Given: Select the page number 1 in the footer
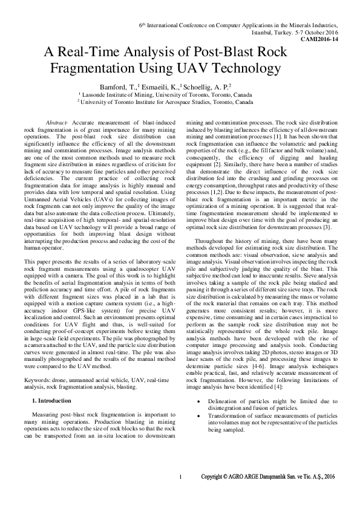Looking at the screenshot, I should tap(180, 494).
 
